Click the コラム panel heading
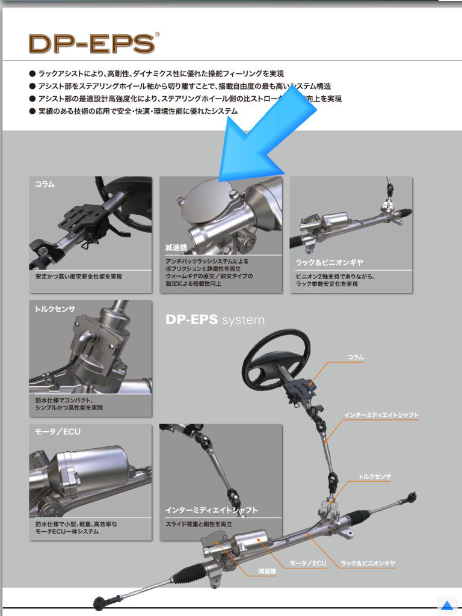(x=45, y=185)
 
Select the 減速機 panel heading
(x=176, y=248)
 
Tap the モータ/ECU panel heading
(x=58, y=432)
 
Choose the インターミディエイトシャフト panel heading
(x=211, y=510)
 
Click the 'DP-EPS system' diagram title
(x=215, y=319)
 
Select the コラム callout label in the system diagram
(x=356, y=357)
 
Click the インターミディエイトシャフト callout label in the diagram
(x=381, y=415)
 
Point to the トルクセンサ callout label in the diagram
(x=375, y=476)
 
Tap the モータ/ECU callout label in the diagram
(x=308, y=564)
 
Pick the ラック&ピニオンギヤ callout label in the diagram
(x=368, y=564)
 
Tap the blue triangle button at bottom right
(x=446, y=605)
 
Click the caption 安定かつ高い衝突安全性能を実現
(x=79, y=277)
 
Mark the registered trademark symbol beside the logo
(x=157, y=35)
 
